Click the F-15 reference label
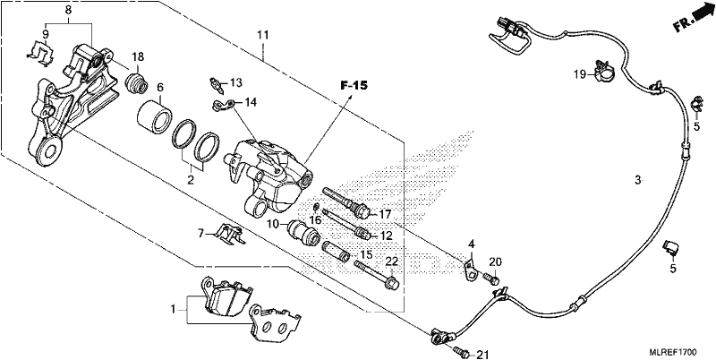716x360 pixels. pos(354,86)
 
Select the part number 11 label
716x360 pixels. pos(262,35)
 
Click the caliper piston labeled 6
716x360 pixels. pos(154,116)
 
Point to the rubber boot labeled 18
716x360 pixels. pos(137,83)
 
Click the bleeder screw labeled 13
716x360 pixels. pos(216,84)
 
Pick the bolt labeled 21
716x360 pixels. pos(462,351)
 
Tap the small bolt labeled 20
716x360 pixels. pos(490,277)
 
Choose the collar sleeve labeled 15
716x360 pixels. pos(337,252)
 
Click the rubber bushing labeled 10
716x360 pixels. pos(302,231)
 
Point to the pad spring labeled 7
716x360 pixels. pos(229,233)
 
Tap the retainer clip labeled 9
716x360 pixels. pos(39,51)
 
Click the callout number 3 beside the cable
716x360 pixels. pos(638,179)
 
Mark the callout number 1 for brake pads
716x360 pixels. pos(173,310)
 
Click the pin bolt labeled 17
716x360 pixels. pos(349,199)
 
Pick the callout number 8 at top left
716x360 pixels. pos(69,8)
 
